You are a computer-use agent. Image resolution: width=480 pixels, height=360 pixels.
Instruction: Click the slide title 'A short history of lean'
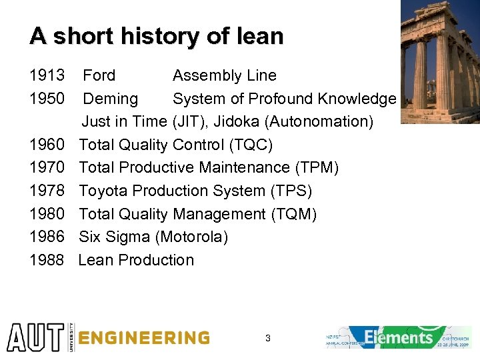tap(156, 36)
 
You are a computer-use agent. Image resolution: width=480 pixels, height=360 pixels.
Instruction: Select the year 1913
tap(47, 76)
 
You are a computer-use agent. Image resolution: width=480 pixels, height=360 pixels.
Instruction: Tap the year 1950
tap(47, 99)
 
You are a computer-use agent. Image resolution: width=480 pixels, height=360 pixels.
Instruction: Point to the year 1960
tap(47, 145)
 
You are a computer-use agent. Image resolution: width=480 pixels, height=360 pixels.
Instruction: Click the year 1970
tap(47, 168)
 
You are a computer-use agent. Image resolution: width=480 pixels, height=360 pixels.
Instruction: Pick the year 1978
tap(47, 191)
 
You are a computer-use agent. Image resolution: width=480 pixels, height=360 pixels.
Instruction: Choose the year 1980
tap(47, 214)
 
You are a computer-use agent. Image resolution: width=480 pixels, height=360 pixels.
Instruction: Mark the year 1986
tap(47, 237)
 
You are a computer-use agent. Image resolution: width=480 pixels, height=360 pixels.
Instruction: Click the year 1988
tap(47, 260)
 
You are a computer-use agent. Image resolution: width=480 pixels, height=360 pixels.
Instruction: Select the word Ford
tap(99, 76)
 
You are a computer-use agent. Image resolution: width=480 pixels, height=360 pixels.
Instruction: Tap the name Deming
tap(110, 99)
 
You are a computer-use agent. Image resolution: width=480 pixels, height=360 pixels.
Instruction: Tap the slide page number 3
tap(267, 339)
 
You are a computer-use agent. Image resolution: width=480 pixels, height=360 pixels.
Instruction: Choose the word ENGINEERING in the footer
tap(143, 338)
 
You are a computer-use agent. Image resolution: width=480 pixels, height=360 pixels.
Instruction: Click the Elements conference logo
tap(398, 337)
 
